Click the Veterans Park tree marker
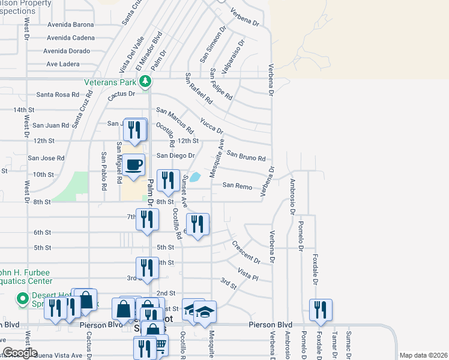145,81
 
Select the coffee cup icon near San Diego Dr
134,164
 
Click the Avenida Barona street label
73,25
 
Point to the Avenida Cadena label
73,37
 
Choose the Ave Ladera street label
64,64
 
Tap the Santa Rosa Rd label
58,94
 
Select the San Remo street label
237,186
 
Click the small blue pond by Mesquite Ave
196,178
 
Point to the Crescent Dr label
246,253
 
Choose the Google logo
20,353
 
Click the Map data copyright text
423,355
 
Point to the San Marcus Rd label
175,121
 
